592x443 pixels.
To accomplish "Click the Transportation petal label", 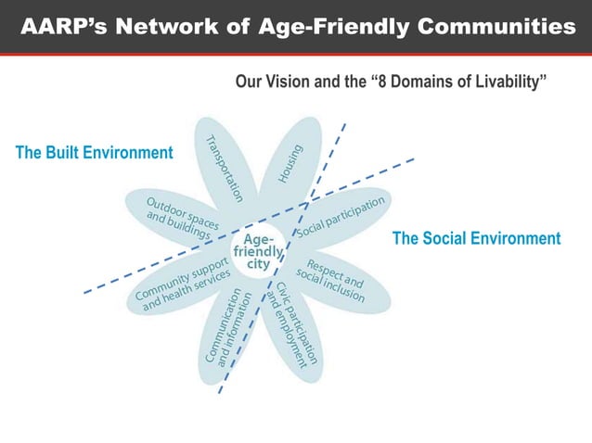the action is pos(225,169).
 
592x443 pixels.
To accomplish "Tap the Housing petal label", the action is pos(290,164).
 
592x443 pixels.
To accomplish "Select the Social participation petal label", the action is pos(341,217).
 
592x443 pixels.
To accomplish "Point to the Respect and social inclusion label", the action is pos(330,281).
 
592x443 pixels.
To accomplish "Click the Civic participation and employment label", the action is pos(292,324).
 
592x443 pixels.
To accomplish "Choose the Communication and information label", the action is pos(228,328).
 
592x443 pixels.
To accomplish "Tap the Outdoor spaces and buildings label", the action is pos(183,219).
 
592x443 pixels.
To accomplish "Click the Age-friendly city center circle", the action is pos(258,251).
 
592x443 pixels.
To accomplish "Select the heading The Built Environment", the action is pos(95,153).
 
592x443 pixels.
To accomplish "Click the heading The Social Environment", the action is pos(476,238).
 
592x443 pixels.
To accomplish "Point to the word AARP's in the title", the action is pos(64,26).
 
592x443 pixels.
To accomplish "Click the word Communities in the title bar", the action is pos(496,26).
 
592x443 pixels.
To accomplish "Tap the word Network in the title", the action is pos(167,26).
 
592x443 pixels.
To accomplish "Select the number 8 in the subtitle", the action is pos(381,82).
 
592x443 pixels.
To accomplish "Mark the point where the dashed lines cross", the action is pos(308,203).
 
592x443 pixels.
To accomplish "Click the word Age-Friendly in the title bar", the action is pos(334,27).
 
